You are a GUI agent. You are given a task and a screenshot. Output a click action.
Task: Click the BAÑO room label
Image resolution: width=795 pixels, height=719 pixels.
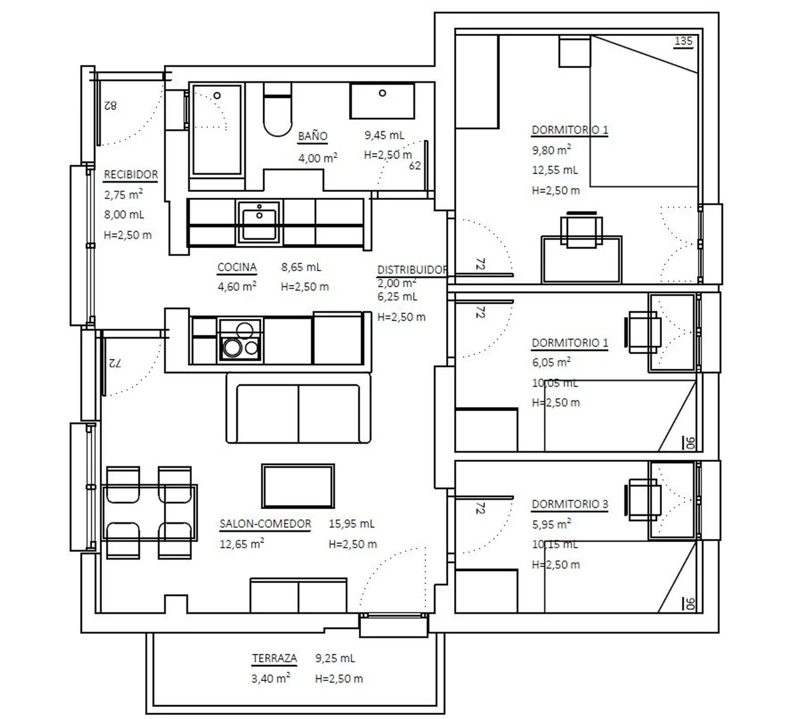tap(313, 136)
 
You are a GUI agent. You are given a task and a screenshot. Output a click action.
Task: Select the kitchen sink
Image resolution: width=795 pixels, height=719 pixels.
tap(259, 222)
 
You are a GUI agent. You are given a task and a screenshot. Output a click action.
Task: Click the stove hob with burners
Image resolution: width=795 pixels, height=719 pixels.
tap(240, 340)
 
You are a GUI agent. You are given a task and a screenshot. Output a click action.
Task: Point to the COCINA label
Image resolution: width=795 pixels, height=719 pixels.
tap(237, 267)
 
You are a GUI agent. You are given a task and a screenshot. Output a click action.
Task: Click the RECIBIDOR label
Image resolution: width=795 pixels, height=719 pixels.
tap(131, 175)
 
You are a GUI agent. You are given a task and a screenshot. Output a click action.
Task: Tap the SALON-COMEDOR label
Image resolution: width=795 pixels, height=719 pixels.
tap(265, 524)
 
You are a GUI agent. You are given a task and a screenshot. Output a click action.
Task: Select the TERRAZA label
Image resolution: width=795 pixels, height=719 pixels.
tap(274, 658)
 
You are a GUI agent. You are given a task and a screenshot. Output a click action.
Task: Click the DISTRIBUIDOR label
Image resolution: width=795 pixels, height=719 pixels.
tap(412, 270)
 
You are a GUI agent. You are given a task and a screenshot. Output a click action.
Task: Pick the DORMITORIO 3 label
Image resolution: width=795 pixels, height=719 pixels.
tap(570, 504)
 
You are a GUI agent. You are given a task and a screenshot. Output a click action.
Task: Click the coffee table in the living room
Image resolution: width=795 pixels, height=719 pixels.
tap(298, 486)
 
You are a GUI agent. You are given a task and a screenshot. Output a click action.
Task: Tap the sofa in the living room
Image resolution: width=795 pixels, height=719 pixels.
tap(299, 408)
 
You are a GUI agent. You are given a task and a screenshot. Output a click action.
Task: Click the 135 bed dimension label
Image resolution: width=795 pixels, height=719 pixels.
tap(683, 41)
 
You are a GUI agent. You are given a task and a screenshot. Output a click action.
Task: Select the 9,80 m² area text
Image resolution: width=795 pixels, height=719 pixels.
tap(551, 150)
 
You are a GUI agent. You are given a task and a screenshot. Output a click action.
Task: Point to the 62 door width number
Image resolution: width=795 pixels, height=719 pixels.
tap(415, 166)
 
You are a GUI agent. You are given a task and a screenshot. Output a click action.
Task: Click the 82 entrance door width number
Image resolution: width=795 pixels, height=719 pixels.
tap(111, 105)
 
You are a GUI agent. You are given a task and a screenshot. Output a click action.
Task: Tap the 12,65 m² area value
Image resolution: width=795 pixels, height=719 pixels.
tap(242, 544)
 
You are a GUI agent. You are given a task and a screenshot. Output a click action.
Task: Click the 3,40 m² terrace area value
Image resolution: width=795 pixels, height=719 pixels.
tap(271, 678)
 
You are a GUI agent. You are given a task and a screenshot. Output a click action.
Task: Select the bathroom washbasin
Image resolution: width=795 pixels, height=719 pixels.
tap(382, 101)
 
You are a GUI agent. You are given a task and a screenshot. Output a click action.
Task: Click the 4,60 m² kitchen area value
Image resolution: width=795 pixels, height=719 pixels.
tap(237, 286)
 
